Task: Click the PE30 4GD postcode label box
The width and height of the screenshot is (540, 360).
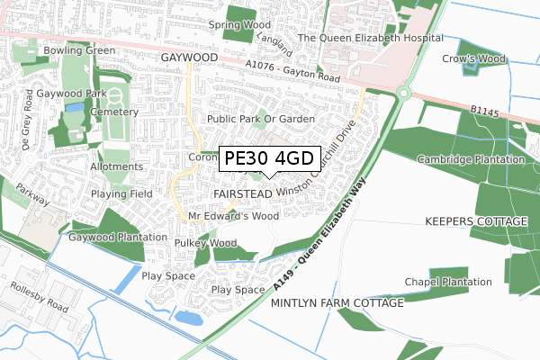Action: (x=269, y=159)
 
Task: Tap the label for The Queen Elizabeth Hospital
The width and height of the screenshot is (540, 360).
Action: (x=371, y=38)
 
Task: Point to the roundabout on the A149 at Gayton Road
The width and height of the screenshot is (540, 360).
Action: (x=404, y=92)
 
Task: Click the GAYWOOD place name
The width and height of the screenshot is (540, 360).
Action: (x=190, y=57)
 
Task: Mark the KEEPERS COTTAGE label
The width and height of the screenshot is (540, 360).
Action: (x=475, y=221)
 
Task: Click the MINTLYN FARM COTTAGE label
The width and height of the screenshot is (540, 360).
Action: (x=337, y=303)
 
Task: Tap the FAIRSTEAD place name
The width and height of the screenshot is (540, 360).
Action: (x=243, y=193)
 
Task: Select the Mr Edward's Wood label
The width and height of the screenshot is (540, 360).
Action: (x=233, y=217)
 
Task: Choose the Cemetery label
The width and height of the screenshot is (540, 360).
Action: (x=113, y=112)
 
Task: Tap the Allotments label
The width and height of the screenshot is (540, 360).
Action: (x=116, y=166)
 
